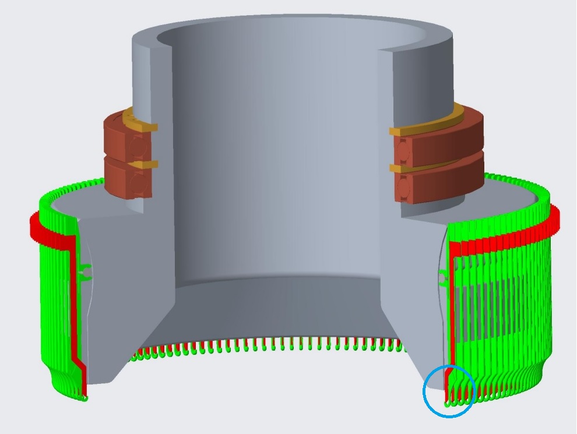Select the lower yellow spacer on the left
click(x=140, y=165)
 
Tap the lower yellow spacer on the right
click(x=420, y=167)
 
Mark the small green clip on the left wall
click(x=85, y=270)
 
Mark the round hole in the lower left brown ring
click(x=137, y=183)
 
